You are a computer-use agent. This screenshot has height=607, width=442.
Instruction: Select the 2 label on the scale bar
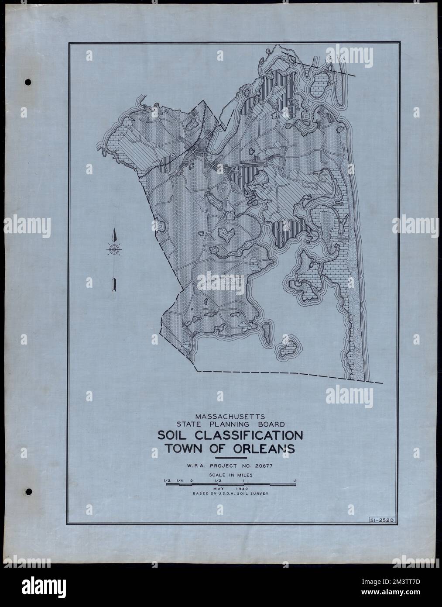[x=296, y=481]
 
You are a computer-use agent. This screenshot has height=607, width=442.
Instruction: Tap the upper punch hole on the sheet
[x=29, y=82]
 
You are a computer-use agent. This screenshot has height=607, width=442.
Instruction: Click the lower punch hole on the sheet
[x=29, y=492]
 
